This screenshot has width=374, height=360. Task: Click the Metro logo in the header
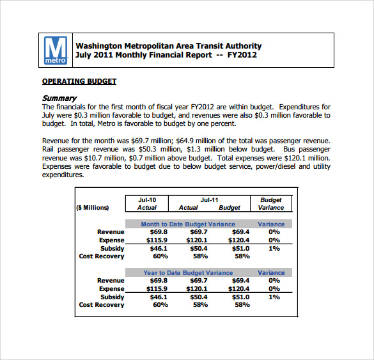tap(55, 51)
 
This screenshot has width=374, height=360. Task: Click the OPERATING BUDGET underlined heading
tap(79, 81)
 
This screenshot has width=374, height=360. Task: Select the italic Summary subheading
tap(59, 98)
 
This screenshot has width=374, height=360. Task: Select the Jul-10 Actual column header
tap(147, 204)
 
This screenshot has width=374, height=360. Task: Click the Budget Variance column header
tap(271, 204)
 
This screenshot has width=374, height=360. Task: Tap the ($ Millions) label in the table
tap(93, 208)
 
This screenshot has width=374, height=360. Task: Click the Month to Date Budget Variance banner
tap(188, 224)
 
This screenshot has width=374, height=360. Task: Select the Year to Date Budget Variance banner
tap(188, 273)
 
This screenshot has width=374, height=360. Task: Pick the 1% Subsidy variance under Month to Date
tap(274, 249)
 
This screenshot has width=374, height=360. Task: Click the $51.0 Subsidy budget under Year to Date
tap(240, 297)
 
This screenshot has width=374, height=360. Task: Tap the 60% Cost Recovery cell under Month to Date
tap(160, 256)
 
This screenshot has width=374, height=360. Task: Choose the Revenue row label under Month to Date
tap(111, 232)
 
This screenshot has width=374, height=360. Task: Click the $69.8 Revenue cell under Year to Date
tap(158, 281)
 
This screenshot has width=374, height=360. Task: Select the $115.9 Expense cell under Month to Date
tap(157, 240)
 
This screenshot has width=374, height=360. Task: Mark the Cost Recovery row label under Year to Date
tap(102, 305)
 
